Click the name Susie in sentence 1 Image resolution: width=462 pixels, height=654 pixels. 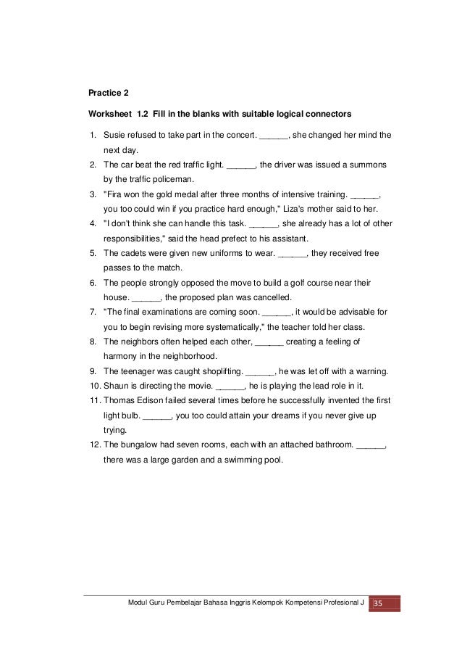pyautogui.click(x=115, y=134)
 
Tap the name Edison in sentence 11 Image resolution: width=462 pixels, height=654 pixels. pyautogui.click(x=151, y=400)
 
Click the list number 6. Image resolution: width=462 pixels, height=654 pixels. pyautogui.click(x=92, y=283)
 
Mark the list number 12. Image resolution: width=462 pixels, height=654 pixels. pyautogui.click(x=94, y=444)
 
